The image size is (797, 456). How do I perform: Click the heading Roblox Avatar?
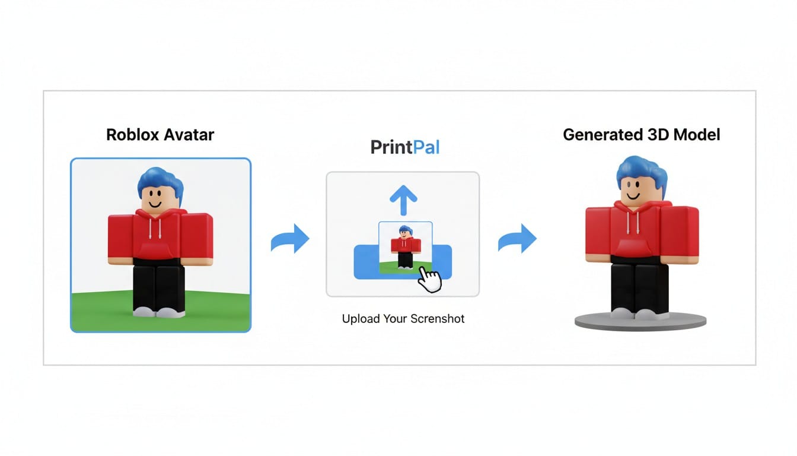pos(160,134)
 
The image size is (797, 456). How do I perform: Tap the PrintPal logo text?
pos(405,147)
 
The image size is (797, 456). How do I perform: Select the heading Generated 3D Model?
pos(641,134)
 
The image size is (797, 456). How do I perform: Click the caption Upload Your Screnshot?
pos(403,319)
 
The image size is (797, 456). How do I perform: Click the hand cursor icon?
pos(430,279)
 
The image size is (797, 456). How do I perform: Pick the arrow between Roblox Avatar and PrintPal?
pos(291,239)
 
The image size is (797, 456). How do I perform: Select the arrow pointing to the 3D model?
pos(517,239)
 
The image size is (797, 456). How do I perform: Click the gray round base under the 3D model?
pos(640,322)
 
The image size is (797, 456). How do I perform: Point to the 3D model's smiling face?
pos(635,193)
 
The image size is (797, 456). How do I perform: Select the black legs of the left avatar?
pos(159,285)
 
